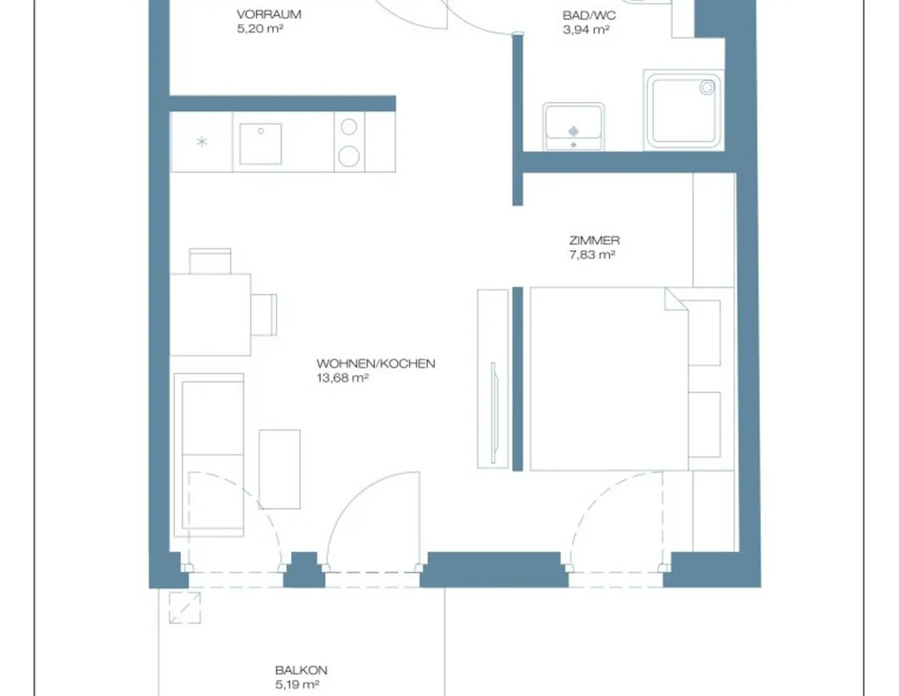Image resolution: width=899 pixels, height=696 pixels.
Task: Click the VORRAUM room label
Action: (269, 15)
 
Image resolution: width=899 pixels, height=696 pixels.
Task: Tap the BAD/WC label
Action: (589, 16)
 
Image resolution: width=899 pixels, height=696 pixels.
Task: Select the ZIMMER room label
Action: (595, 240)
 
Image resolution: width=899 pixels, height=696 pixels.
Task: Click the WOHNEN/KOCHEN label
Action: (376, 364)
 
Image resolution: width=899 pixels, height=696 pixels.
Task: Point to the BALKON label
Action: (301, 670)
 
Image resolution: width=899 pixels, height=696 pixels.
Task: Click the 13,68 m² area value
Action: (342, 378)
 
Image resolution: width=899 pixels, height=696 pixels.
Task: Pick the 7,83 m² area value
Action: (592, 254)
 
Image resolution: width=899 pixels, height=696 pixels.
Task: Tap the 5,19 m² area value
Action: (297, 684)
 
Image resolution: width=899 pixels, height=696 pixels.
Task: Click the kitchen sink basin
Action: (260, 144)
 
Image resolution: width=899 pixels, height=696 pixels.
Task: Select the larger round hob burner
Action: (349, 156)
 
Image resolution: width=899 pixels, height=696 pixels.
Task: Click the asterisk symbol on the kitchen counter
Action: (202, 142)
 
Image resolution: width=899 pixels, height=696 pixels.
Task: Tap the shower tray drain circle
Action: (707, 87)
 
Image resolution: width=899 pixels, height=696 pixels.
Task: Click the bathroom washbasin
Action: (574, 127)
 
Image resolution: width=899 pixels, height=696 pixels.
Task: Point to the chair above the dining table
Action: (210, 261)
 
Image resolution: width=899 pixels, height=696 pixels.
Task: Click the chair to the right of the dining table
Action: (264, 315)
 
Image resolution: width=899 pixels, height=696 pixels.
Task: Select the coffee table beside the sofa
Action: (279, 469)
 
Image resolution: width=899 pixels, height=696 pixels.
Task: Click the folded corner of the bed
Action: (676, 299)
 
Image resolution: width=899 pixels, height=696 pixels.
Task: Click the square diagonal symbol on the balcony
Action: (185, 608)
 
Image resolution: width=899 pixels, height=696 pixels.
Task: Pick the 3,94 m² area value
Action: (586, 30)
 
